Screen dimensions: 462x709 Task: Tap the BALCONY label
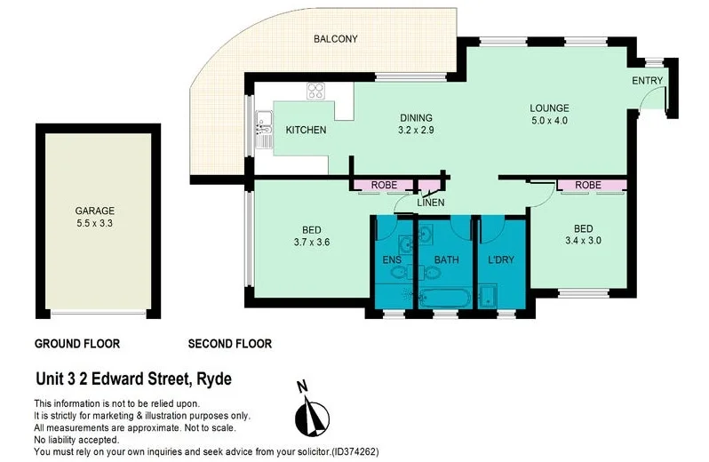pyautogui.click(x=335, y=39)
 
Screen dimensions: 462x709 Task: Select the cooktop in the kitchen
pyautogui.click(x=316, y=90)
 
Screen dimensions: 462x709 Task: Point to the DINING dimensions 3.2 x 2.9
pyautogui.click(x=415, y=131)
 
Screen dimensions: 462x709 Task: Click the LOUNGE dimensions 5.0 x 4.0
pyautogui.click(x=548, y=120)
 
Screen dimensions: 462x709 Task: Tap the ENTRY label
pyautogui.click(x=647, y=81)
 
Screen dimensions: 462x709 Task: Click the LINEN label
pyautogui.click(x=431, y=203)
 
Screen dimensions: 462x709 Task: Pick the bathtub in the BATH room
pyautogui.click(x=444, y=298)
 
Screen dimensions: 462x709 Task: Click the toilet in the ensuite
pyautogui.click(x=401, y=273)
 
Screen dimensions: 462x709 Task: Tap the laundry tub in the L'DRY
pyautogui.click(x=487, y=297)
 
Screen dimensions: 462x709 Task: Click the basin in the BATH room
pyautogui.click(x=427, y=235)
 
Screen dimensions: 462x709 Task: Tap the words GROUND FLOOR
pyautogui.click(x=76, y=344)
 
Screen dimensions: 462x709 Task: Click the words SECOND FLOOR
pyautogui.click(x=230, y=344)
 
